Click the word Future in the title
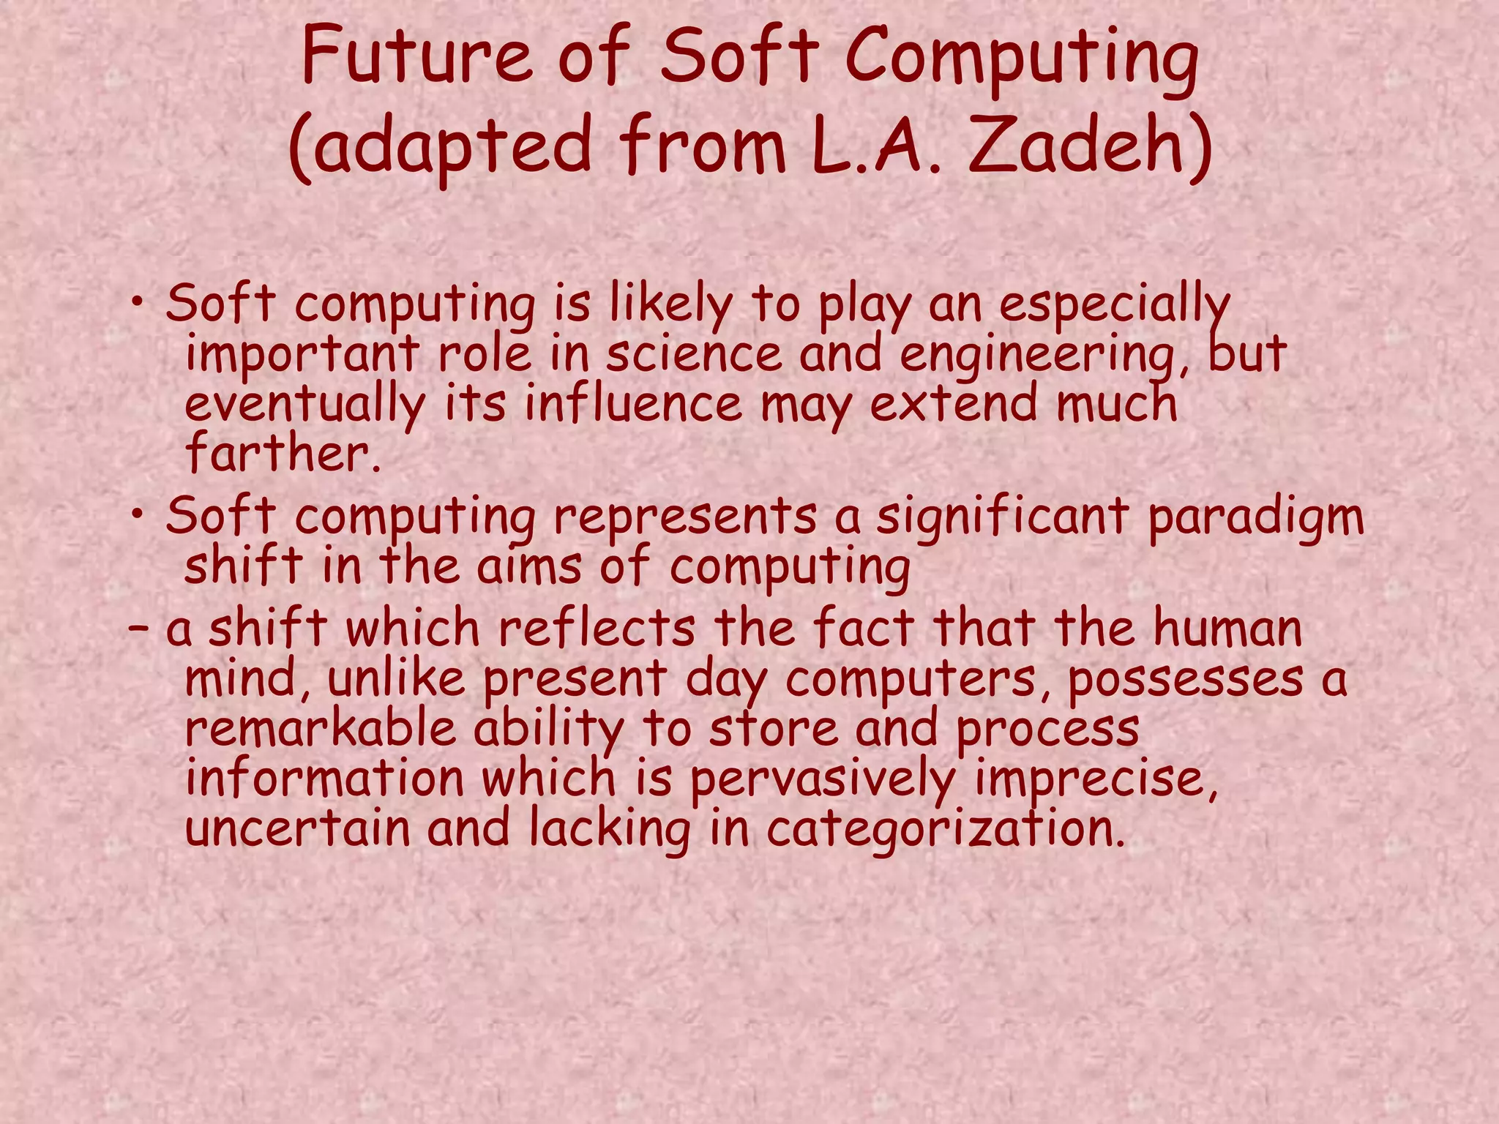click(x=416, y=55)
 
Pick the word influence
click(x=633, y=404)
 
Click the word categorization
click(x=945, y=830)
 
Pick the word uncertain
click(x=297, y=828)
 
